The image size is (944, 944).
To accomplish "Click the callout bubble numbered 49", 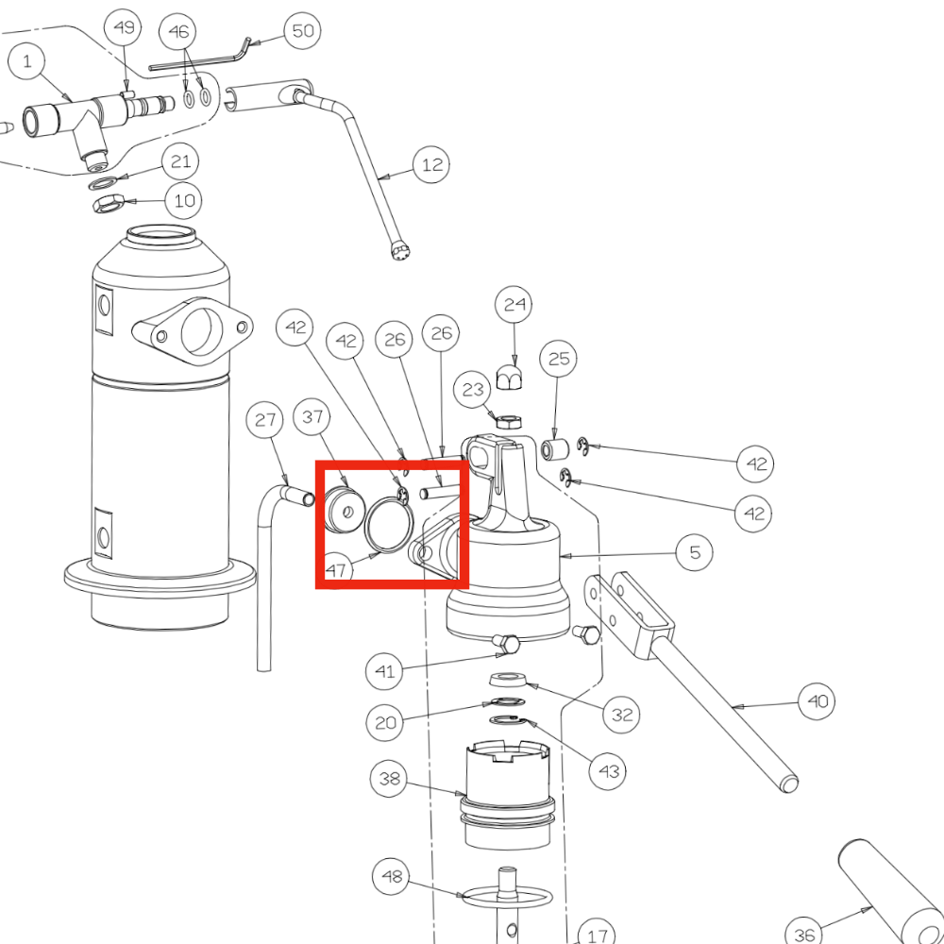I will pos(125,27).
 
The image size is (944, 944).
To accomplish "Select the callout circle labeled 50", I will pos(302,31).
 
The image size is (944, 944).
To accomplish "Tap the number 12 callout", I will pos(431,165).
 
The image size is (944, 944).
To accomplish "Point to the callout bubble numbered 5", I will pos(695,553).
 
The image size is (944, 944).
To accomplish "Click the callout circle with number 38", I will pos(390,780).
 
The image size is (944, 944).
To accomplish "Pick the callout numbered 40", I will pos(818,701).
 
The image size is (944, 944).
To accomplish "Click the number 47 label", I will pos(338,569).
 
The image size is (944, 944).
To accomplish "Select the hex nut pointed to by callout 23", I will pos(507,421).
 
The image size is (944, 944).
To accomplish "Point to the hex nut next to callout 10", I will pos(107,202).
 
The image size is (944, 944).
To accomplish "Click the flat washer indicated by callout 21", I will pos(108,179).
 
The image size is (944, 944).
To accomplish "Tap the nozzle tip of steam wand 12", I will pos(399,250).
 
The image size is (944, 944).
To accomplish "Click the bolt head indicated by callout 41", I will pos(508,645).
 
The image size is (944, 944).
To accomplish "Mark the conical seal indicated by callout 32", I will pos(510,680).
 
